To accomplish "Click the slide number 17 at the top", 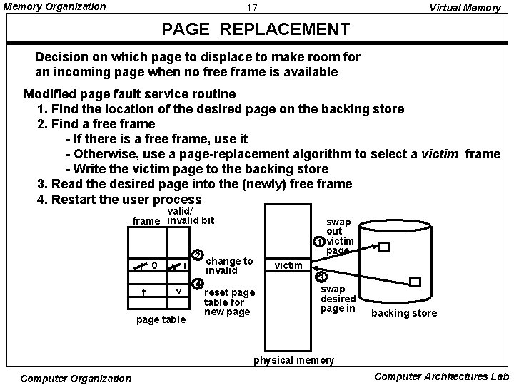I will pos(251,8).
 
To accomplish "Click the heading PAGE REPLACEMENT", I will pos(256,29).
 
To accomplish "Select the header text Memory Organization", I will pos(55,7).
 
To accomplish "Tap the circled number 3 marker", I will pos(321,277).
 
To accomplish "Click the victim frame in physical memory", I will pos(288,266).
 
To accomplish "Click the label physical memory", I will pos(294,360).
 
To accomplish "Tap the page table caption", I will pos(161,319).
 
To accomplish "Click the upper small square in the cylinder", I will pos(384,247).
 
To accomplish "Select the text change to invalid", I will pos(228,266).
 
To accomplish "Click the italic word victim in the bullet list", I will pos(440,153).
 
